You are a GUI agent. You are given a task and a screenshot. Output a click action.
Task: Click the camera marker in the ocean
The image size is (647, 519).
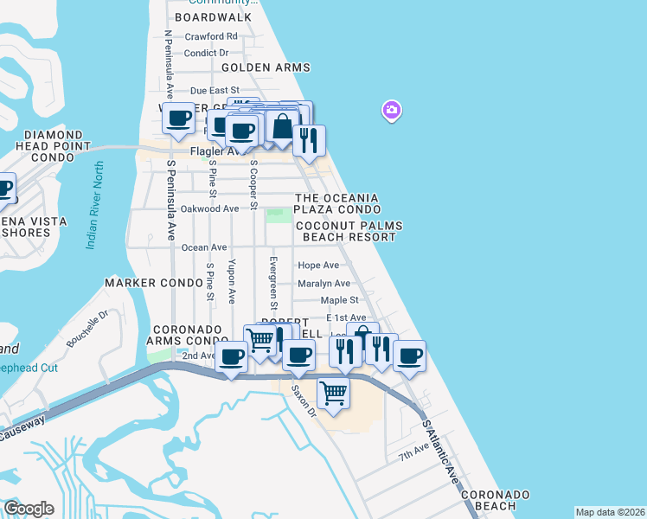tap(392, 110)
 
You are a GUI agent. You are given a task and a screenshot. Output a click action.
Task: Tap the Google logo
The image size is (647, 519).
tap(29, 509)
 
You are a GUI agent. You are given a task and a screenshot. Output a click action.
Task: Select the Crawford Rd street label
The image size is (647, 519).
tap(211, 36)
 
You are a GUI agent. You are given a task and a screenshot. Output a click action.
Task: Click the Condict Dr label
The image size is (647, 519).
tap(211, 52)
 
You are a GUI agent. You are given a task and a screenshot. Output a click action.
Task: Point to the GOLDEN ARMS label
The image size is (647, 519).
tap(266, 67)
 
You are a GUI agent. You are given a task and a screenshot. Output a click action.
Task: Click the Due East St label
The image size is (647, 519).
tap(214, 90)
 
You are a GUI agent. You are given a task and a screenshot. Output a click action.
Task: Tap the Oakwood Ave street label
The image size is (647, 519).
tap(210, 208)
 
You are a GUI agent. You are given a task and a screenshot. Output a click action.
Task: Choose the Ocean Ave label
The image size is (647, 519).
tap(204, 247)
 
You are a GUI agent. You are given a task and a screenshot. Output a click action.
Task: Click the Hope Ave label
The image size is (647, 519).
tap(318, 266)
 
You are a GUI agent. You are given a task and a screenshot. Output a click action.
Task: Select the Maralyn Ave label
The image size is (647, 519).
tap(323, 283)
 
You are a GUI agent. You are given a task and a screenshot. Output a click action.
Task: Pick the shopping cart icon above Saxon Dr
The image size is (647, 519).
tap(333, 393)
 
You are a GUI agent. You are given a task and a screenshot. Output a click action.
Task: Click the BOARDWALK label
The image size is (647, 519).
tap(213, 17)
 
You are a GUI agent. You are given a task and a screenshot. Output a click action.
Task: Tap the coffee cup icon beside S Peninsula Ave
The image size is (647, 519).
tap(179, 119)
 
